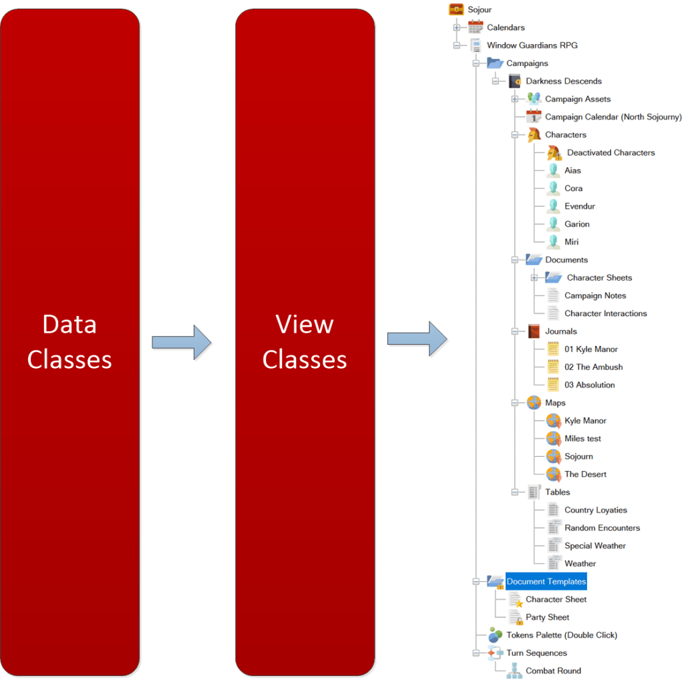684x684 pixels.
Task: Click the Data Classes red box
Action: [69, 342]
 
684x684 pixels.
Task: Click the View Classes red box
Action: [305, 342]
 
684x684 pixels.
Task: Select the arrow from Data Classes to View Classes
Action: [181, 342]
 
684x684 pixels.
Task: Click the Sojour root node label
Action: [480, 10]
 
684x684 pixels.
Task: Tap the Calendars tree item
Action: [506, 28]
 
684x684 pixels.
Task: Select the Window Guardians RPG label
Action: [532, 45]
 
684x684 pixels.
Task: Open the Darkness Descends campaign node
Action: [563, 81]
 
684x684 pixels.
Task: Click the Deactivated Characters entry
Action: [611, 153]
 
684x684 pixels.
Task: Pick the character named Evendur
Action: [579, 206]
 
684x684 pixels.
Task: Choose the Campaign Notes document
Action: [594, 296]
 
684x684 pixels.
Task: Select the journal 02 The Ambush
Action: [593, 367]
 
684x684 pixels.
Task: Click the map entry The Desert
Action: [585, 474]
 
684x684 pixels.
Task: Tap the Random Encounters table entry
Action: [602, 528]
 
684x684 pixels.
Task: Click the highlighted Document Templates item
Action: [546, 582]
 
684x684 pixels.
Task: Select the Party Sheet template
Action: [547, 618]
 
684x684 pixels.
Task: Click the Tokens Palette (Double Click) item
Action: [561, 635]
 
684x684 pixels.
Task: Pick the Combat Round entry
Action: [553, 671]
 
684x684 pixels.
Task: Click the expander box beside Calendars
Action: [457, 28]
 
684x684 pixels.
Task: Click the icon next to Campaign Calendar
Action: [533, 117]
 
